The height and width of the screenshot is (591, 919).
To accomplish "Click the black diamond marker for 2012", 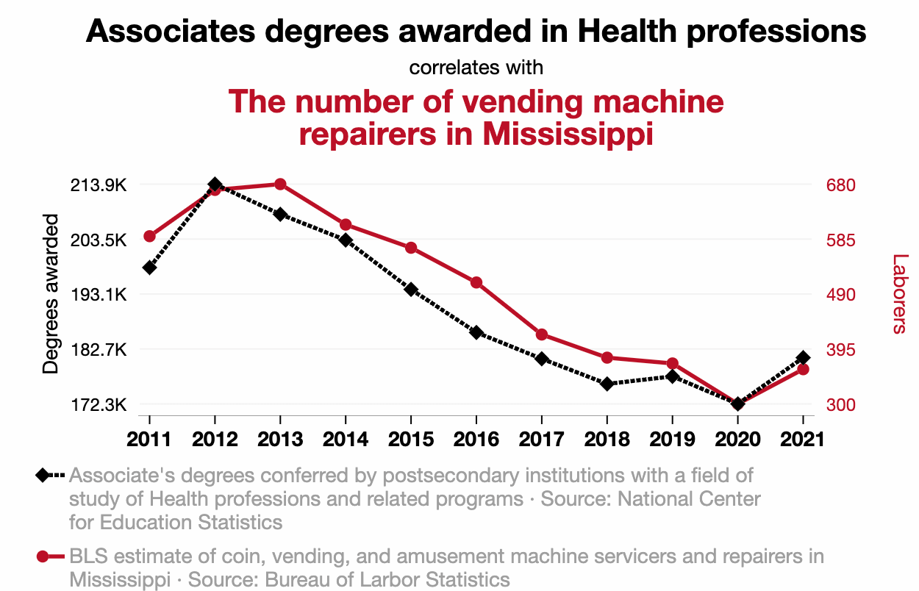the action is click(215, 185).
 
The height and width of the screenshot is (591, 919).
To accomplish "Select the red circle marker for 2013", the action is click(280, 185).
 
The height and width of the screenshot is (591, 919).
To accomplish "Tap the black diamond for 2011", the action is click(149, 268).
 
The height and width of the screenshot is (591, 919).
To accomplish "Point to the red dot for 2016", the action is click(476, 282).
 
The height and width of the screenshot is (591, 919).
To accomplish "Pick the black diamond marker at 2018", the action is click(607, 384).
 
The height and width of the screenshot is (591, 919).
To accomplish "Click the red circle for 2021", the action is click(803, 369).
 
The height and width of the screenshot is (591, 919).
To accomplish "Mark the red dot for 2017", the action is click(542, 334).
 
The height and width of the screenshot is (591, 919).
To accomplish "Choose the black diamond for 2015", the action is click(411, 289).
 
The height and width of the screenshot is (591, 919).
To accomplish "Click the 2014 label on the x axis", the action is click(346, 440).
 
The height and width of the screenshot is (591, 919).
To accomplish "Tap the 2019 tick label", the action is click(673, 440).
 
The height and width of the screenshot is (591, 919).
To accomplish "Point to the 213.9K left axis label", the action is click(99, 185).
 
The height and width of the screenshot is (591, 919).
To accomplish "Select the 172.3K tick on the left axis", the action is click(99, 405).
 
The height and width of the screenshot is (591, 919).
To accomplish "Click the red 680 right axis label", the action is click(840, 185).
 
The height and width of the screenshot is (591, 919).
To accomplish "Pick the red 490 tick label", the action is click(840, 295).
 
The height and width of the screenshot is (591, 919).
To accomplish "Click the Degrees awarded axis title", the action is click(51, 293).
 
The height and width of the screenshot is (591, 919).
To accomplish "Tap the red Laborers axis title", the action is click(900, 293).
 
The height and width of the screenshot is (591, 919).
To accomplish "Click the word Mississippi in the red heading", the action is click(568, 134).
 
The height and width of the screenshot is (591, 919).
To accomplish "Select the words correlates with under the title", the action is click(476, 68).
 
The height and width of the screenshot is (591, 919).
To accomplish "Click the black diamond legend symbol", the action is click(43, 476).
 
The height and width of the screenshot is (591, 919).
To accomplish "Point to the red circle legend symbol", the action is click(43, 556).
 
